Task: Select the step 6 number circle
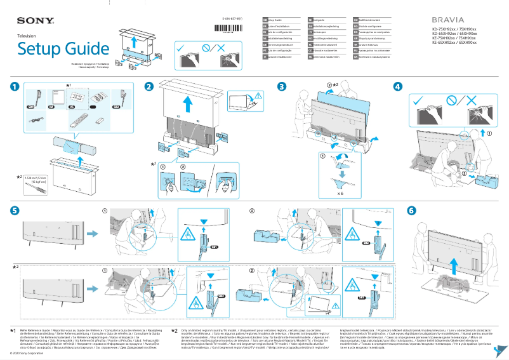(x=411, y=210)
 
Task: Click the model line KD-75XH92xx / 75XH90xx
(x=454, y=29)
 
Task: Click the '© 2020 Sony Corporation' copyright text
(x=27, y=353)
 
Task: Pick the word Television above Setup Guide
(x=29, y=37)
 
